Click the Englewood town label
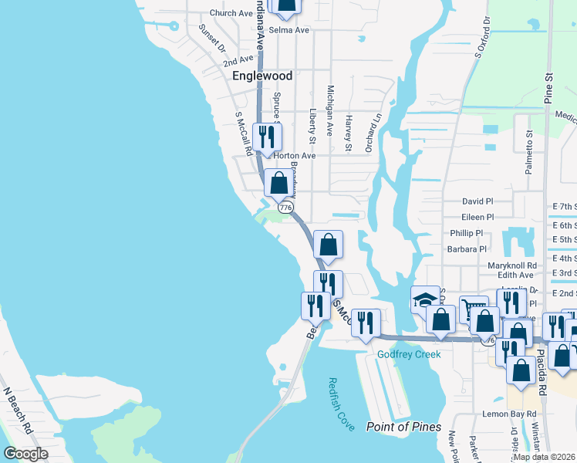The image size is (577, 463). pos(262,76)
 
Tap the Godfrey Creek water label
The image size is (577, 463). pos(409,354)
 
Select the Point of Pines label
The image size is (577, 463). pos(403,427)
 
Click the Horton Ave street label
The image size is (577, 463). pos(297,155)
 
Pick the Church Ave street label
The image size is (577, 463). pos(231,13)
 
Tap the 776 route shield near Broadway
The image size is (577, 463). pos(286,208)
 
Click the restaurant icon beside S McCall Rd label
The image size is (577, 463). pos(268,137)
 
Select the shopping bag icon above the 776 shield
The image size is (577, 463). pos(279,184)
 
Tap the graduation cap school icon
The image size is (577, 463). pos(425,299)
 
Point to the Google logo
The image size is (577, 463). pos(25,454)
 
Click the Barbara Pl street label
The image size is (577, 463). pos(467,249)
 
